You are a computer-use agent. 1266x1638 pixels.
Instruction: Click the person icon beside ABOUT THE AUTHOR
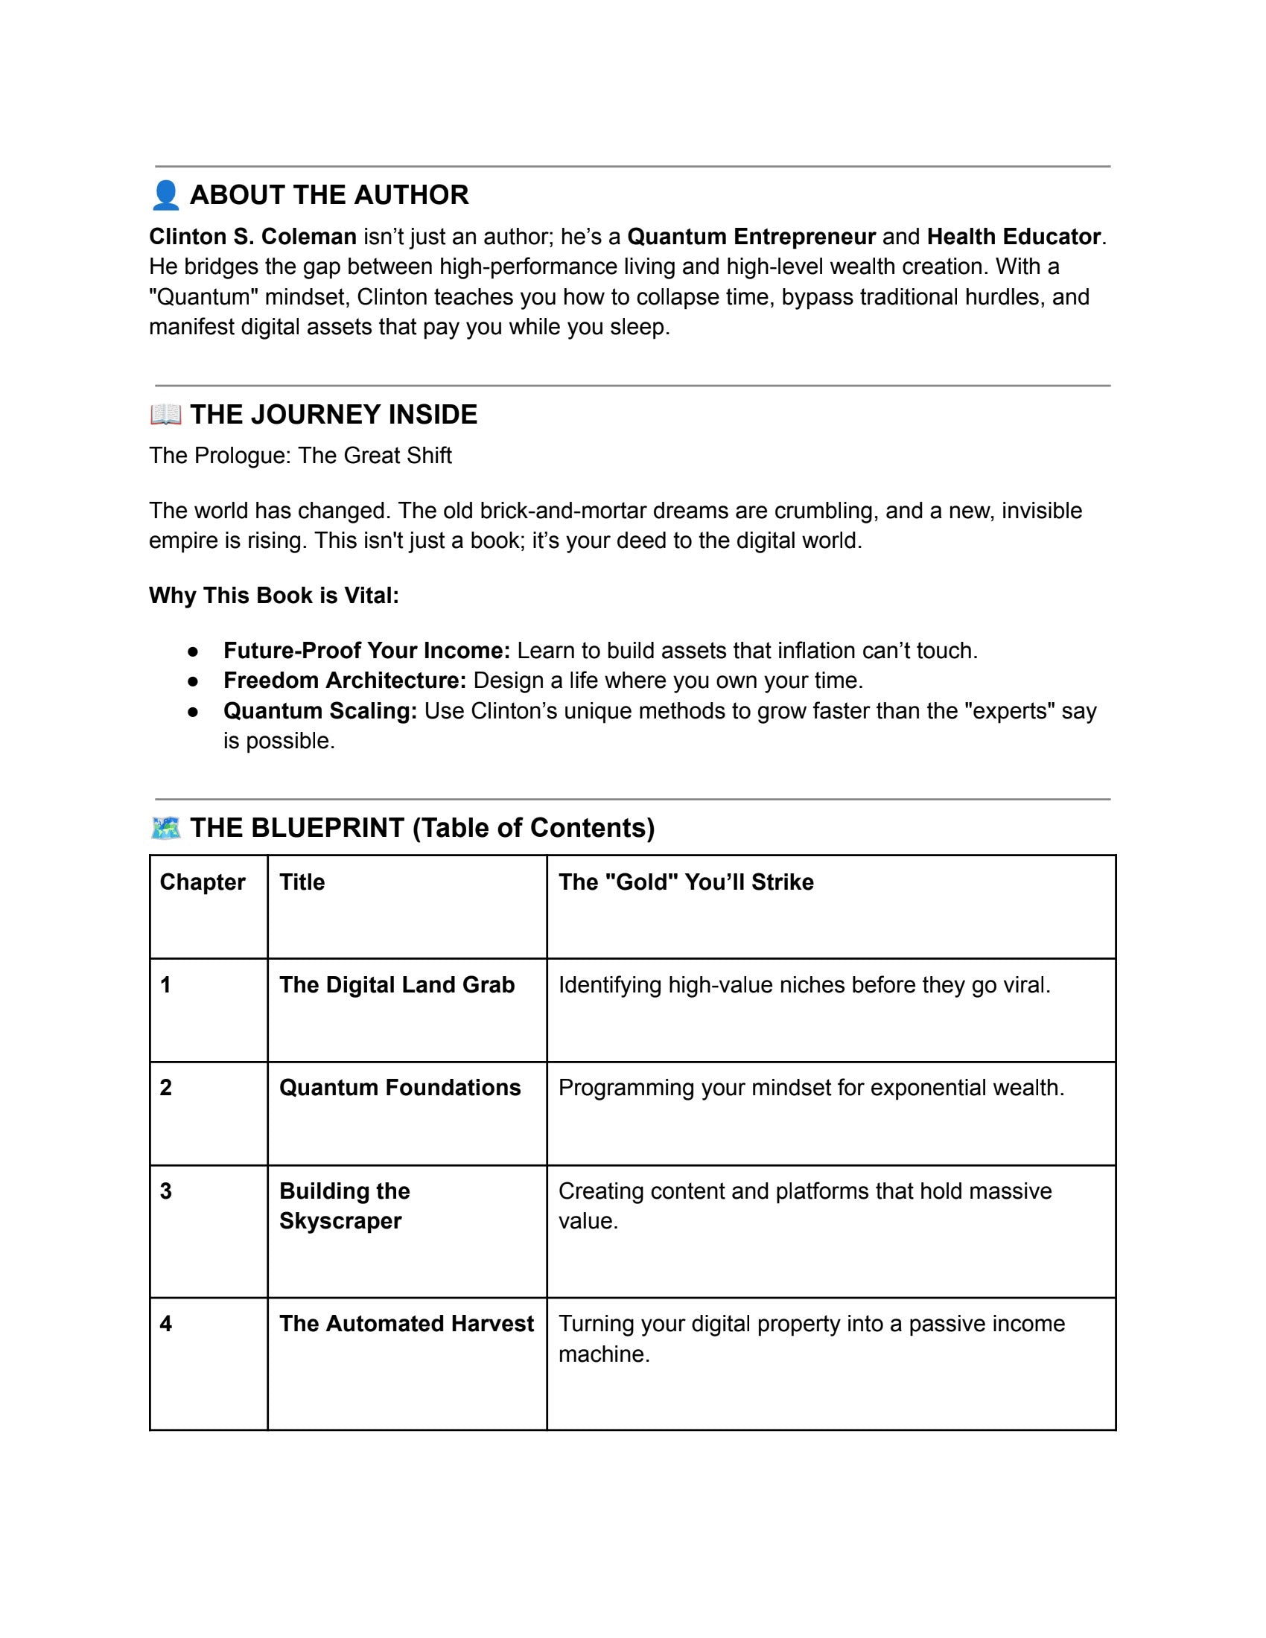click(166, 195)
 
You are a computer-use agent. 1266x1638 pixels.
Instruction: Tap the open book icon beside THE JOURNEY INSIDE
click(166, 414)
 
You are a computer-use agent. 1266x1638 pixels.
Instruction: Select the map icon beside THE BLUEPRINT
click(166, 828)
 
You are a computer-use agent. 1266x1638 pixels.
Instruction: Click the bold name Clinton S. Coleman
click(252, 237)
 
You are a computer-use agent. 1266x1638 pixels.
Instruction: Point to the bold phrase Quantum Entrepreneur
click(751, 237)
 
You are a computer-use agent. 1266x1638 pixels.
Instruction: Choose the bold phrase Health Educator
click(1014, 237)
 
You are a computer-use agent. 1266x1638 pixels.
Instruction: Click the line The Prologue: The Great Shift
click(300, 456)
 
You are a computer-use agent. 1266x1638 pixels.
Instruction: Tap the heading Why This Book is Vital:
click(274, 596)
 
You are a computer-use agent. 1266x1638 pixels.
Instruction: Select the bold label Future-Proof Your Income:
click(366, 651)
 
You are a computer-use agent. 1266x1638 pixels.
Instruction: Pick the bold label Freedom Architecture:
click(344, 681)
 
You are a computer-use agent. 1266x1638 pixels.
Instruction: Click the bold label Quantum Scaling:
click(319, 711)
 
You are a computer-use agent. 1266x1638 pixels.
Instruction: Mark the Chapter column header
click(203, 882)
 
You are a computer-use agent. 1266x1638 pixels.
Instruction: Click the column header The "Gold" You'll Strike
click(685, 882)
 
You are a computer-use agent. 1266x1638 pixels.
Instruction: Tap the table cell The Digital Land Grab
click(397, 985)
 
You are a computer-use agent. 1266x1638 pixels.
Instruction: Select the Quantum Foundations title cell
click(400, 1088)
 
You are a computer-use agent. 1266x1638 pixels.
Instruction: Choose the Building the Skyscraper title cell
click(344, 1206)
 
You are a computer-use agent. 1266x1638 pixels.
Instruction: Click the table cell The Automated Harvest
click(407, 1324)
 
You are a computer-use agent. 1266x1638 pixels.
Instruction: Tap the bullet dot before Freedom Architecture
click(194, 682)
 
